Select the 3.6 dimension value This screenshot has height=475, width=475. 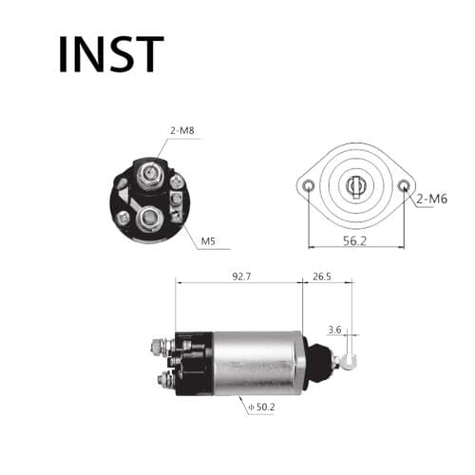[x=333, y=330]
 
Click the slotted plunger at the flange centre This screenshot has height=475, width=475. [x=356, y=185]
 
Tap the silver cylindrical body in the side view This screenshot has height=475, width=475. [x=256, y=361]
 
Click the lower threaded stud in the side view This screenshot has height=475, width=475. [x=162, y=381]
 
